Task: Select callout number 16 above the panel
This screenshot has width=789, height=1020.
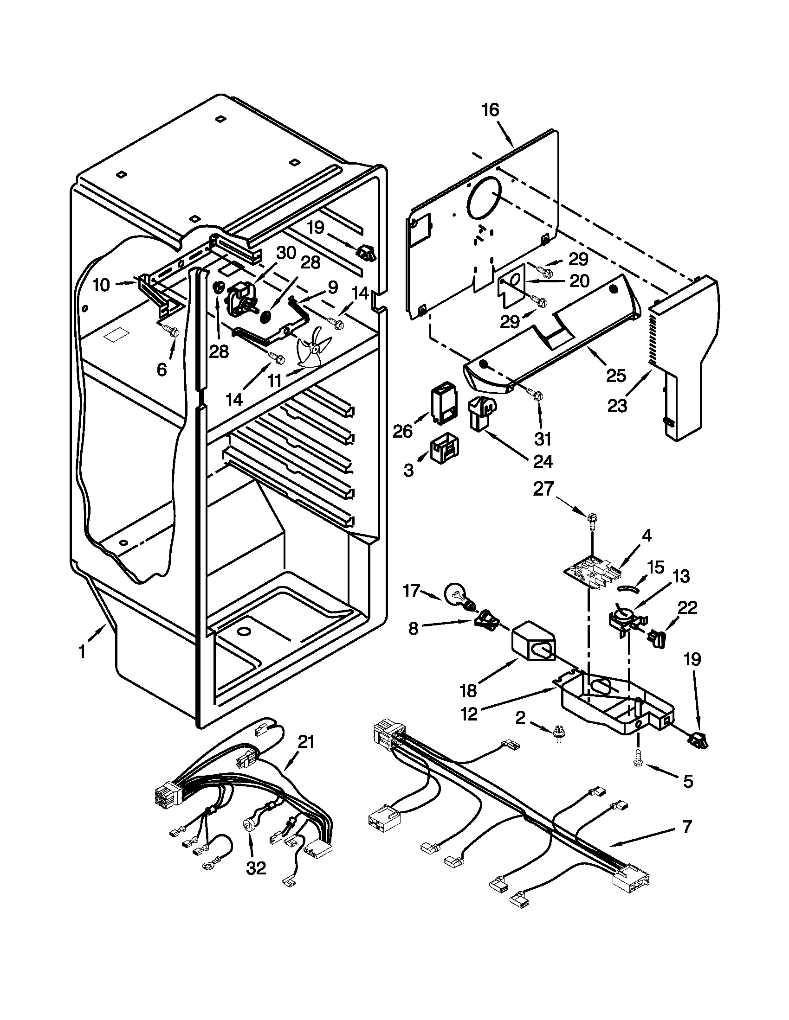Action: (x=490, y=110)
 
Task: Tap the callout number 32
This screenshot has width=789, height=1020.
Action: (x=256, y=868)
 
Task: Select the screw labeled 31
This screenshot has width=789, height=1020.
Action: (x=537, y=396)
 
